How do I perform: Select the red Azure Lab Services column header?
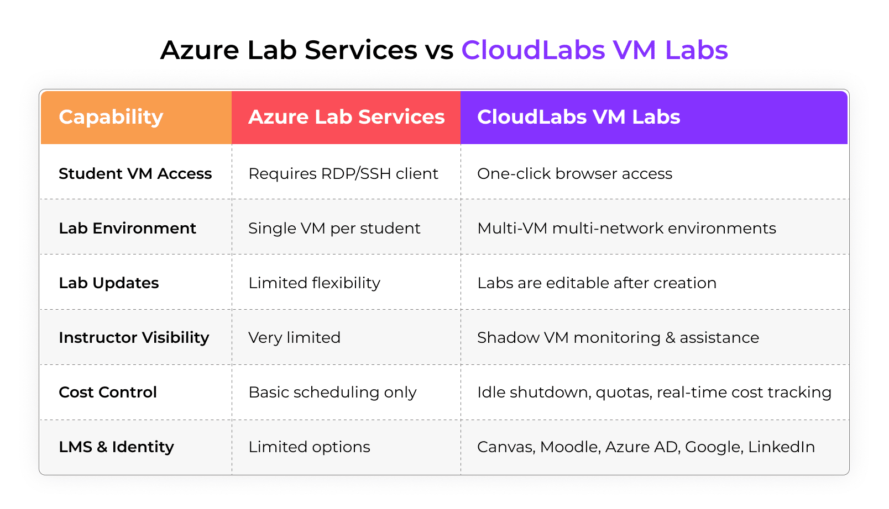(x=346, y=117)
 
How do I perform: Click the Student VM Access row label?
(x=135, y=173)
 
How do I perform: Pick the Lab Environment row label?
(x=127, y=228)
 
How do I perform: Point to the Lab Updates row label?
(x=108, y=283)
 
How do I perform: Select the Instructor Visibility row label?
(x=134, y=337)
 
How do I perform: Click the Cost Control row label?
(x=108, y=392)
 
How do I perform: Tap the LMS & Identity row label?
(x=116, y=447)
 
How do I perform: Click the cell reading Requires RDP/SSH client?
(x=343, y=173)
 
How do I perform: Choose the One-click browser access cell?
(x=574, y=173)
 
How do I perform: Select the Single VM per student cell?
(x=334, y=228)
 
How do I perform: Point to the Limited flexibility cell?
(x=314, y=283)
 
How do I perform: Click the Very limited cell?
(x=294, y=337)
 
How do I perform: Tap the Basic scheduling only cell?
(x=332, y=392)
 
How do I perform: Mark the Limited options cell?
(x=309, y=447)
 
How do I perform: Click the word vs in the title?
(x=439, y=50)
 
